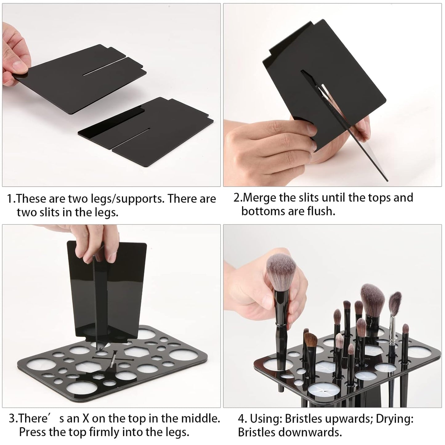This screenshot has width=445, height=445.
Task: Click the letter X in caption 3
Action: pyautogui.click(x=86, y=419)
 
